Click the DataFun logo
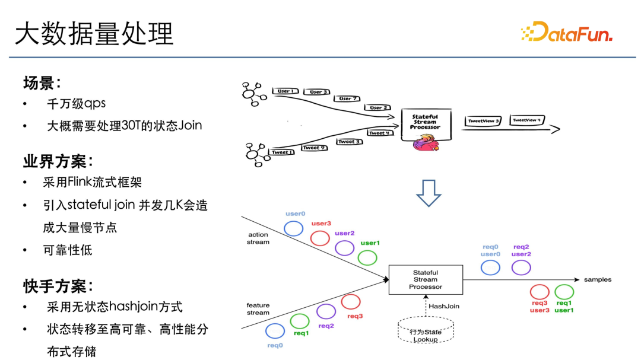point(566,32)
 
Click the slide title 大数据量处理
point(94,34)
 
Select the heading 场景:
point(42,82)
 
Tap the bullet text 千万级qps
point(76,103)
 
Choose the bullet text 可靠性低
point(68,250)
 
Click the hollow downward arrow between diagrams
point(429,193)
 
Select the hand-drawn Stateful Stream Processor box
point(425,123)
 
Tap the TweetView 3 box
point(483,121)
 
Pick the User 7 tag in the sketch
point(348,98)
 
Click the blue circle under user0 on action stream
point(294,228)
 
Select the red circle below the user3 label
point(320,238)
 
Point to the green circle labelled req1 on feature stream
point(300,321)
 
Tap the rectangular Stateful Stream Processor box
point(425,280)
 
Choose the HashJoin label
point(444,307)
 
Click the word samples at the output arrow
point(597,279)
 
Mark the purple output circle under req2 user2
point(521,267)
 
